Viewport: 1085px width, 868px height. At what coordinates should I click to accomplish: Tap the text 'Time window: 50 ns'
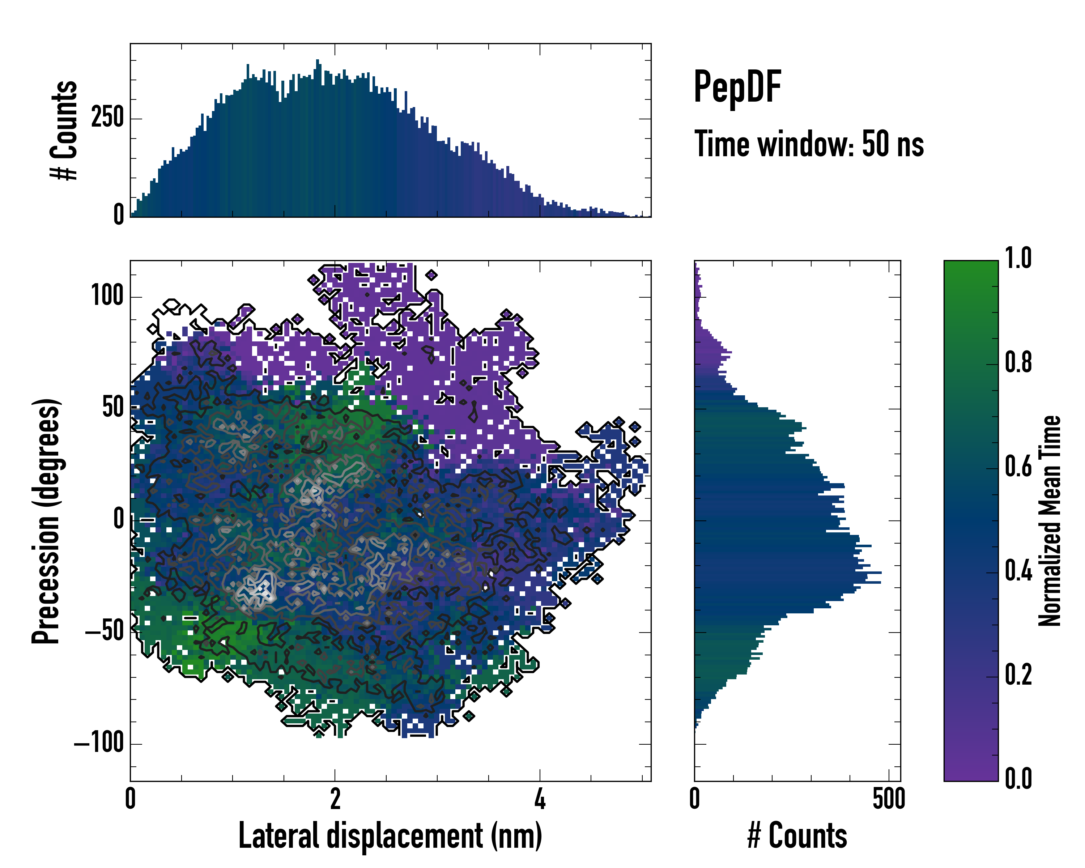(x=809, y=144)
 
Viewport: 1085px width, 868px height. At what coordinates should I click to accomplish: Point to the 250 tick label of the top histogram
(x=107, y=118)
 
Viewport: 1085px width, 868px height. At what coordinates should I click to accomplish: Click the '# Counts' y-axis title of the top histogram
(x=64, y=130)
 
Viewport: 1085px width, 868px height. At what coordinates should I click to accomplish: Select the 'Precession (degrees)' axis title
(x=46, y=521)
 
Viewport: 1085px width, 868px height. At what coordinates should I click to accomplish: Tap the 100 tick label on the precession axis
(x=107, y=295)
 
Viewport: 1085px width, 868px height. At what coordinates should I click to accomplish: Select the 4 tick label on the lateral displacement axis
(x=540, y=799)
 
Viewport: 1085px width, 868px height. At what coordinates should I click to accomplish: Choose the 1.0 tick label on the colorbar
(x=1018, y=259)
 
